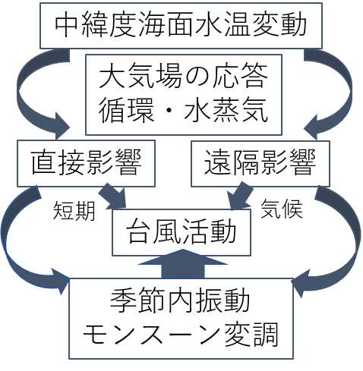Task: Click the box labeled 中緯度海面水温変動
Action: coord(181,26)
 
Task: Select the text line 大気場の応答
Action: coord(183,76)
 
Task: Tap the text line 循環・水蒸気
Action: coord(183,110)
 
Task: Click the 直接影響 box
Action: coord(86,163)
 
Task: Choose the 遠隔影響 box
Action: coord(260,163)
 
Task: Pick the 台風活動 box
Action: coord(181,232)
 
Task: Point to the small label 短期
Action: coord(74,211)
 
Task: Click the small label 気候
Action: coord(282,209)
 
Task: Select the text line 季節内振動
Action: coord(180,300)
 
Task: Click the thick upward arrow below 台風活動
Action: coord(183,264)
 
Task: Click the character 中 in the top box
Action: coord(66,25)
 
